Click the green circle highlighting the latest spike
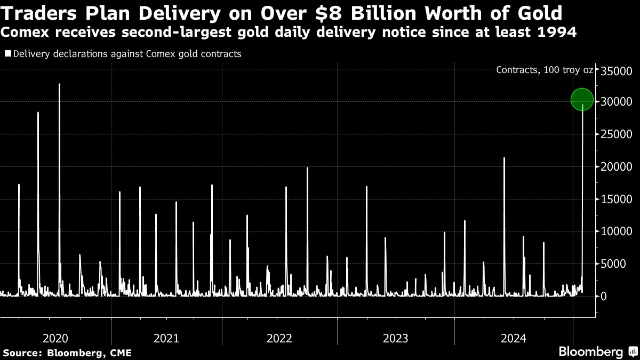click(x=582, y=99)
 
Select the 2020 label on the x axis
click(x=55, y=338)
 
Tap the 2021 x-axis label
click(x=166, y=338)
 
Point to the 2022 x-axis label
click(x=279, y=338)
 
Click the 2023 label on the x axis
click(x=395, y=338)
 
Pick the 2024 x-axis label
click(x=513, y=338)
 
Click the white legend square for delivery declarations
click(x=7, y=54)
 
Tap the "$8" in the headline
click(x=329, y=13)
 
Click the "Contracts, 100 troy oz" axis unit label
click(x=544, y=70)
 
